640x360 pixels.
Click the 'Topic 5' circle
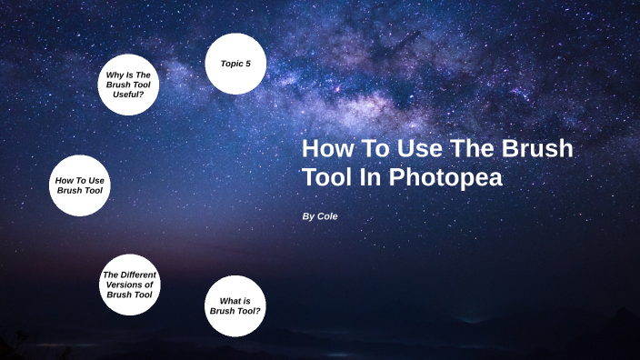point(235,64)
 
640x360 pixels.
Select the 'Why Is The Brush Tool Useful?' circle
point(128,85)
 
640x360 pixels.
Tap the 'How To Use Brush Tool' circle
point(80,185)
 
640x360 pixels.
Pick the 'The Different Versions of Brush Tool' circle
point(130,285)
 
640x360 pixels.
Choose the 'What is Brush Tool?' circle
point(235,305)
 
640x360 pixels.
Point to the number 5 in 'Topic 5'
point(247,64)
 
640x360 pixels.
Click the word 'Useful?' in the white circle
point(128,95)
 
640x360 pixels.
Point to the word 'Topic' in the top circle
point(231,64)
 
